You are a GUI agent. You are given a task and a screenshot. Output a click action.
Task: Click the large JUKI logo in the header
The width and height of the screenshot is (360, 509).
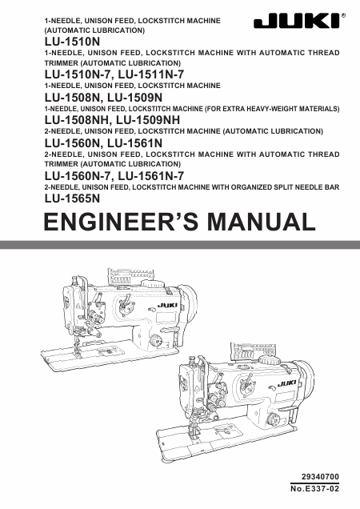pos(297,21)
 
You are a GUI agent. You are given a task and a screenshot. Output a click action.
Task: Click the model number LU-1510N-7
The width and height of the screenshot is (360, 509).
pos(78,74)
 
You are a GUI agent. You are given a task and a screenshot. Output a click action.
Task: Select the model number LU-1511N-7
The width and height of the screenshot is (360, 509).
pos(151,74)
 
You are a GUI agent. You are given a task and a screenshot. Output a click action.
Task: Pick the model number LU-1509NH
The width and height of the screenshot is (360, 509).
pos(148,120)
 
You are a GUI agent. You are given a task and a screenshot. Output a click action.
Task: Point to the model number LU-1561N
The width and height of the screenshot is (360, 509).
pos(135,143)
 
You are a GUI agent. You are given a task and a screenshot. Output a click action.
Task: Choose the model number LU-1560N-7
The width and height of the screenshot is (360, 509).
pos(78,176)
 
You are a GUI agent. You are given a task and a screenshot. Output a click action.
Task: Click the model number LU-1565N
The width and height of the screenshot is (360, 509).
pos(72,198)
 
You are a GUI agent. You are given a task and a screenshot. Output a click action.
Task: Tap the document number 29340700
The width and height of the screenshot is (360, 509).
pos(320,476)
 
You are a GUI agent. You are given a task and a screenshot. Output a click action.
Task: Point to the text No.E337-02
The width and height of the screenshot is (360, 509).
pos(315,488)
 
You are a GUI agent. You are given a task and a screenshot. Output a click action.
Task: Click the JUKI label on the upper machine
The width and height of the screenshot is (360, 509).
pos(167,305)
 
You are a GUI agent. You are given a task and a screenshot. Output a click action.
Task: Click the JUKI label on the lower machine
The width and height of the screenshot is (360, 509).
pos(287,383)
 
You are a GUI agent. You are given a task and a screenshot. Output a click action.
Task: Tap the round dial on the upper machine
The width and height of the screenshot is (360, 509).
pos(156,341)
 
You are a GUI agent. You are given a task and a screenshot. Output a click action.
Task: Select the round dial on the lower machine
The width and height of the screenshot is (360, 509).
pos(273,419)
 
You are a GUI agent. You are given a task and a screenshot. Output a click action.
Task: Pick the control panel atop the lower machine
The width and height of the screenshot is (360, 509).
pos(253,351)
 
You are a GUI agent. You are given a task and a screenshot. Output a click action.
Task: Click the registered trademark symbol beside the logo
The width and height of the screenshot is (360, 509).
pos(344,15)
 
